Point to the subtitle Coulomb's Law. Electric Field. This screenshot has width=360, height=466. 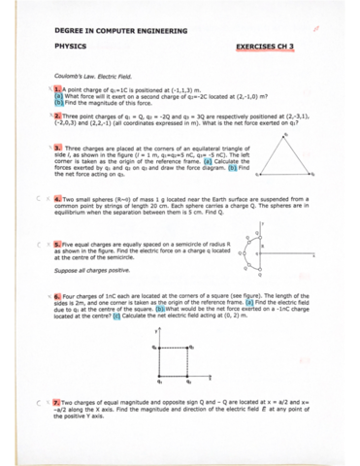(x=95, y=75)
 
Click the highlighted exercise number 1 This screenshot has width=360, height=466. (x=57, y=87)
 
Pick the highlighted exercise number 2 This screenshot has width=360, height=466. (x=58, y=114)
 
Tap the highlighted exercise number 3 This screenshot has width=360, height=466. (x=58, y=148)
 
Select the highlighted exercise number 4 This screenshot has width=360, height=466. (x=58, y=195)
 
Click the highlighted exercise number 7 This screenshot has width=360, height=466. (x=58, y=400)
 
